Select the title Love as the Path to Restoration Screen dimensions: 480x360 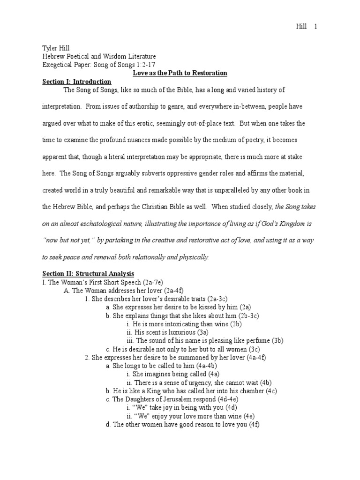pos(177,73)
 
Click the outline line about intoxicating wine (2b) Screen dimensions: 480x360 pos(184,324)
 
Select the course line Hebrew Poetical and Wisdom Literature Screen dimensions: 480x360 pos(99,56)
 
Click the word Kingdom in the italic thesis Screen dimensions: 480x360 pos(291,224)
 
